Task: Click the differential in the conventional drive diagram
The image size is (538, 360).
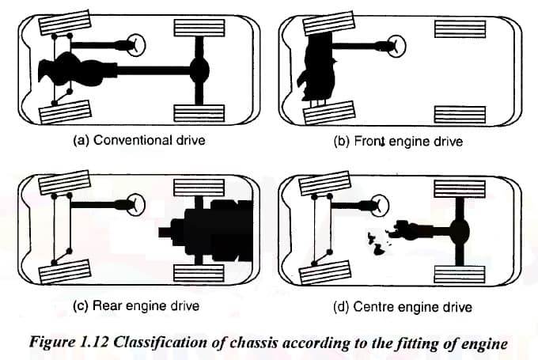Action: coord(199,72)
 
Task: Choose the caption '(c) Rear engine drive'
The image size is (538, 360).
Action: coord(134,305)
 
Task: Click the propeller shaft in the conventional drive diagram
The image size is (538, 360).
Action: coord(150,72)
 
